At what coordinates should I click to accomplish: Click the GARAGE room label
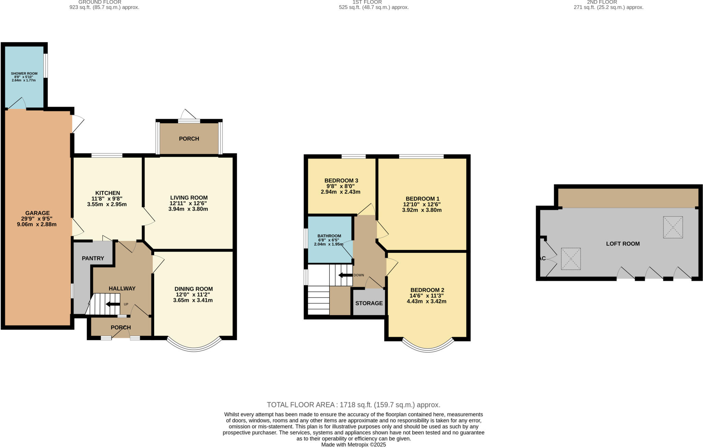click(x=37, y=213)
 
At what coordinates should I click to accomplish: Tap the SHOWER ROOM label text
click(x=24, y=74)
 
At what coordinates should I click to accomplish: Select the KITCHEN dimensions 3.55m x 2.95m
click(x=107, y=204)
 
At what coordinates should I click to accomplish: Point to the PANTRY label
click(x=93, y=258)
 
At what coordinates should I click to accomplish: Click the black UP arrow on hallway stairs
click(x=113, y=304)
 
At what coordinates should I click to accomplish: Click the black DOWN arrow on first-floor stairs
click(x=345, y=275)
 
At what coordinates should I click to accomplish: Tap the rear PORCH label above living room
click(x=189, y=139)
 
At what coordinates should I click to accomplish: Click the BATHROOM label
click(x=329, y=236)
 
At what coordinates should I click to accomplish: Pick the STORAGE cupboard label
click(x=369, y=303)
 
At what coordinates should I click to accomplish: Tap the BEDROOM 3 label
click(x=341, y=181)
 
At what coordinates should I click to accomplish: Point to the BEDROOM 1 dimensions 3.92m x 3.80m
click(x=422, y=210)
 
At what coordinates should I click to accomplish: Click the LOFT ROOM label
click(x=623, y=244)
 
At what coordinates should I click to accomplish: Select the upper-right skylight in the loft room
click(x=673, y=227)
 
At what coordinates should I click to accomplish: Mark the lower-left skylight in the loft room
click(x=571, y=259)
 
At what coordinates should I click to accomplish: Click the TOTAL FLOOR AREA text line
click(x=353, y=405)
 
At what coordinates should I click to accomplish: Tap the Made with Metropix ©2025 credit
click(x=353, y=445)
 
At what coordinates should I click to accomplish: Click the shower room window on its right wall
click(x=46, y=65)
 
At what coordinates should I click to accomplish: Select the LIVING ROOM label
click(x=189, y=198)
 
